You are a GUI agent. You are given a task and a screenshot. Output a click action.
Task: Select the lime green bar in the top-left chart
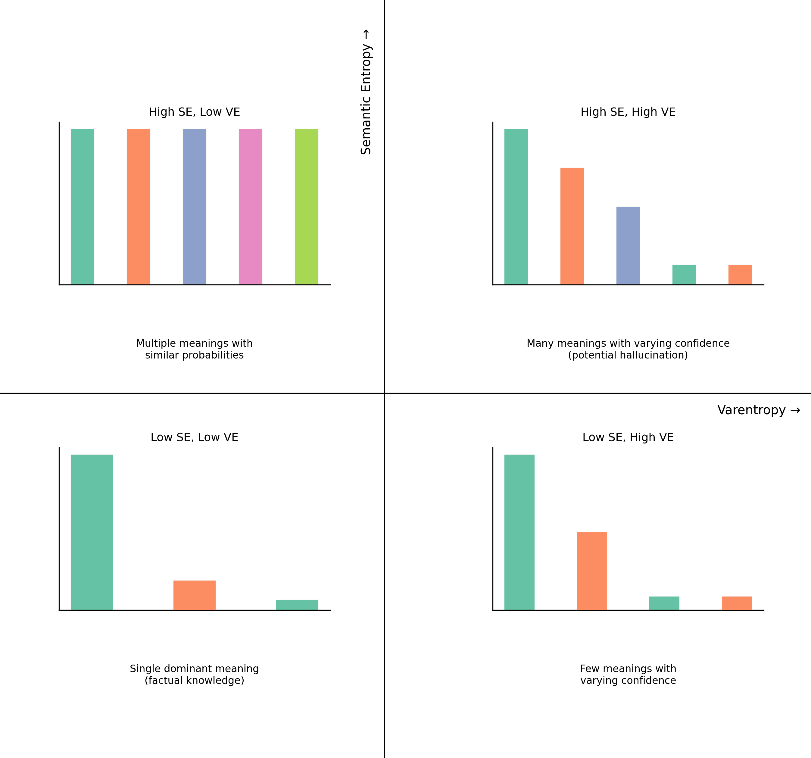306,207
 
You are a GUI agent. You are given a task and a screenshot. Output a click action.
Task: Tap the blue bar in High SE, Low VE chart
194,207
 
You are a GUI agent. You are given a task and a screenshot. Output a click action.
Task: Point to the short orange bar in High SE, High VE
740,275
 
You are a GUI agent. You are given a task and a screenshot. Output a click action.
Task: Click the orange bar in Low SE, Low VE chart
194,595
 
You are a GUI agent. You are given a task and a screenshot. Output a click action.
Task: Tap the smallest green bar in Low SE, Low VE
297,605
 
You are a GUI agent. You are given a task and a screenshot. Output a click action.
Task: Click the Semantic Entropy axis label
366,92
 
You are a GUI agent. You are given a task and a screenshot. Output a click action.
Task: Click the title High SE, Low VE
194,112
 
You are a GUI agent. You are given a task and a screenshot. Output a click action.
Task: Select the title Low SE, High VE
628,437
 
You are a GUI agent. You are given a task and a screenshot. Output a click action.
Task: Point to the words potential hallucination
628,355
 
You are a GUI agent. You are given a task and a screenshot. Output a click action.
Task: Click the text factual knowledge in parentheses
194,681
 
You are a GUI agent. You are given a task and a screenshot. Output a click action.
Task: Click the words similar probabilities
194,355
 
